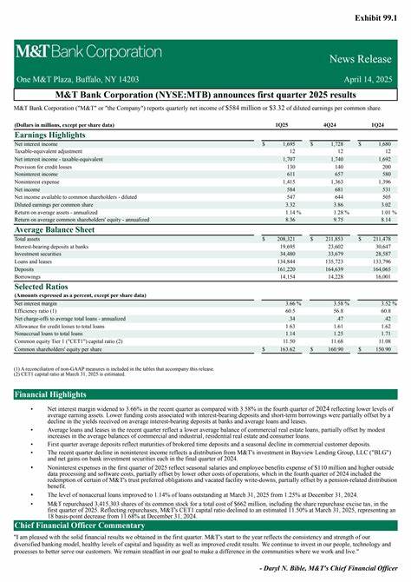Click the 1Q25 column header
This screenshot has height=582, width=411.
[282, 125]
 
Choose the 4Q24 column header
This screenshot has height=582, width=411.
[330, 125]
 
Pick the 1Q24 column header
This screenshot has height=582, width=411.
[378, 125]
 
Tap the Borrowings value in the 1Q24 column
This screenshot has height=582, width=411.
[382, 276]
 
